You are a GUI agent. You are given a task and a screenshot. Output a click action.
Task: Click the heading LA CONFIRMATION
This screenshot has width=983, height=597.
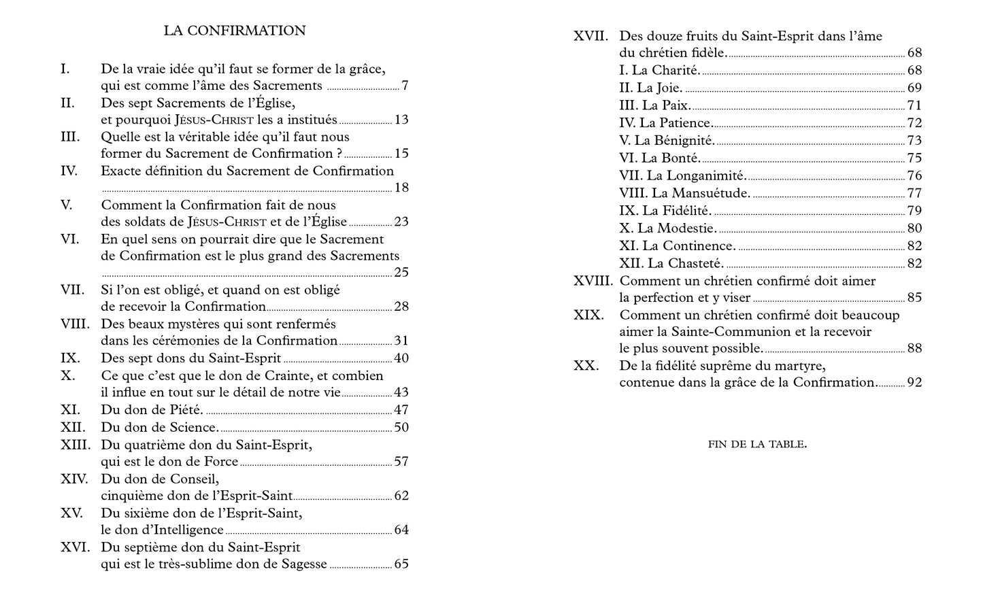(x=235, y=31)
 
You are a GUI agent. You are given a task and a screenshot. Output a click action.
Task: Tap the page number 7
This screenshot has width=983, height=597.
(x=405, y=86)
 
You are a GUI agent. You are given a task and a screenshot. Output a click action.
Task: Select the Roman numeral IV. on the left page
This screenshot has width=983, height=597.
(x=69, y=171)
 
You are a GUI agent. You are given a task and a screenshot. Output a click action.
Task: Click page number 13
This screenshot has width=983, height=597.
(x=401, y=120)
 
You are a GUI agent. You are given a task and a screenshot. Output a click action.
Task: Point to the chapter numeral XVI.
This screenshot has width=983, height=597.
(x=75, y=547)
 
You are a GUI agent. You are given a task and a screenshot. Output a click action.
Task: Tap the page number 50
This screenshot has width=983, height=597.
(x=401, y=427)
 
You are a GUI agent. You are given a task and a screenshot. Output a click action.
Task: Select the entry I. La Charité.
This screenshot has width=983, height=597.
(x=660, y=70)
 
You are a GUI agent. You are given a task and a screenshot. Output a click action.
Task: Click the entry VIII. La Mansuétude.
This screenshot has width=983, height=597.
(x=685, y=193)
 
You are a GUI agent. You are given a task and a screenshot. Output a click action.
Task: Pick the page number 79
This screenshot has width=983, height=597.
(x=914, y=211)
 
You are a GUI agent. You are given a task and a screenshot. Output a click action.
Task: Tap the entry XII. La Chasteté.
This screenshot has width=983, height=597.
(x=671, y=263)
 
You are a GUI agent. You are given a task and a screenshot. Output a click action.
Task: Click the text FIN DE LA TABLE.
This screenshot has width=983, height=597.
(x=757, y=445)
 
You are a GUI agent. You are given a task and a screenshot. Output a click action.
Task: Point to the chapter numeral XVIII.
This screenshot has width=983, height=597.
(x=593, y=281)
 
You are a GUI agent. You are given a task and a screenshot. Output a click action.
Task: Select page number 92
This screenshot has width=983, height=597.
(x=914, y=382)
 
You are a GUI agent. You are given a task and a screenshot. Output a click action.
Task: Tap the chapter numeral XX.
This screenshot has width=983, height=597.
(x=586, y=366)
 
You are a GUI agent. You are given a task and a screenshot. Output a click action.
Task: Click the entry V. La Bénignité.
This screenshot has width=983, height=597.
(x=667, y=140)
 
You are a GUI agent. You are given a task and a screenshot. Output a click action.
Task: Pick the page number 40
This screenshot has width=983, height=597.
(x=401, y=358)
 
